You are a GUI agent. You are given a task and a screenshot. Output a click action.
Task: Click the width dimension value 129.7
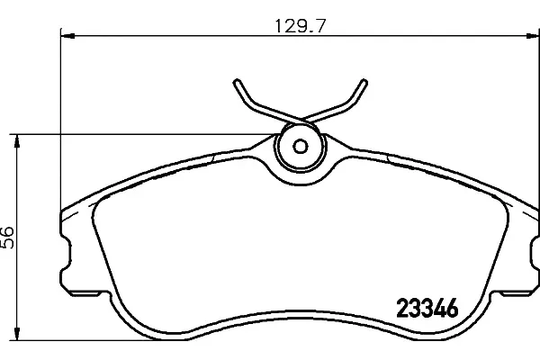(300, 26)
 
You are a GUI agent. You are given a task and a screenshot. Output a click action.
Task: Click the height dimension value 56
(7, 238)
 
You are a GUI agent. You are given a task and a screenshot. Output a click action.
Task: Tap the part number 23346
(427, 308)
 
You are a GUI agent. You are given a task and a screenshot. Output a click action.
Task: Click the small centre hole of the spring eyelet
(301, 147)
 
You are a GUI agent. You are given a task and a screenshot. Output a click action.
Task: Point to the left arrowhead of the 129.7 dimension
(67, 35)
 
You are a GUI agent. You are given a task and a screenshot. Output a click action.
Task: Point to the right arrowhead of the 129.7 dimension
(533, 35)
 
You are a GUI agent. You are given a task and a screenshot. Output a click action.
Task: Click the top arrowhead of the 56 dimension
(16, 141)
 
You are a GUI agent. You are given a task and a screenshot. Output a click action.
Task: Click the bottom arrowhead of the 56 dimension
(16, 334)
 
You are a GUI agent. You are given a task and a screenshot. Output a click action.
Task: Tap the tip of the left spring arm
(237, 82)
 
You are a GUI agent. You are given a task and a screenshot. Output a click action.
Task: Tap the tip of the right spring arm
(364, 82)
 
